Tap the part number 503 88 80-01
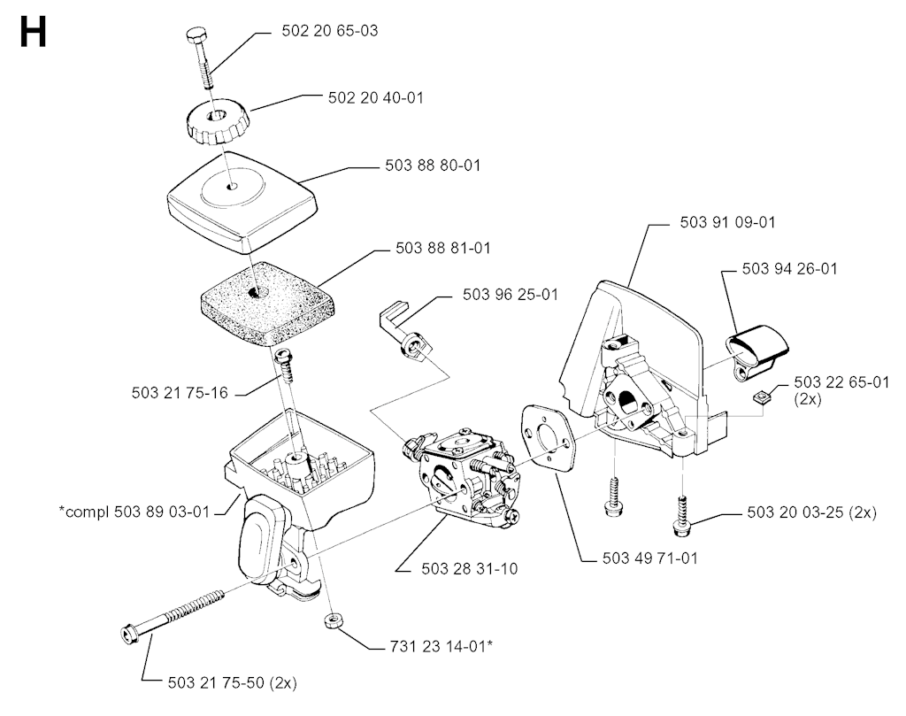pos(434,166)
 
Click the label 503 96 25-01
pos(511,294)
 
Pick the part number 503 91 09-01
pos(727,222)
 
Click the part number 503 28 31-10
pos(470,569)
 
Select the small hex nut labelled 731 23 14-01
pos(333,620)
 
